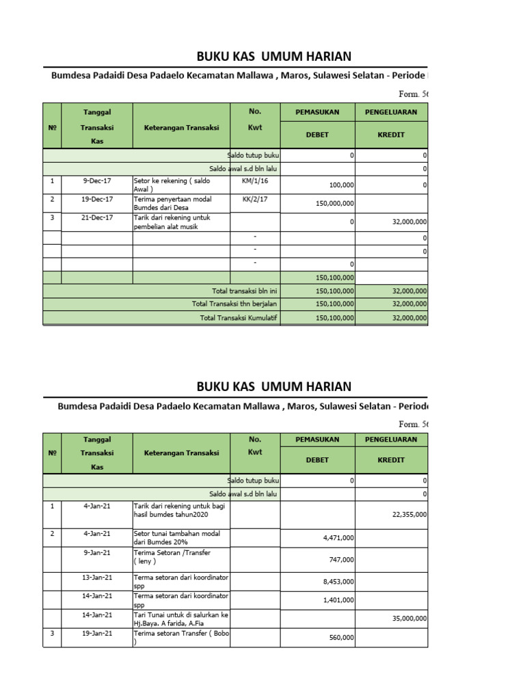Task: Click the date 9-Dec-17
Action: point(97,180)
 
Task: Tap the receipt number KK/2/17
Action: point(254,199)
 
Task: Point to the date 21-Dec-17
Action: point(97,217)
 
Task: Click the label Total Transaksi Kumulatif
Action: point(239,317)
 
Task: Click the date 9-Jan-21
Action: point(97,552)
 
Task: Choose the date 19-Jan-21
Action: point(97,633)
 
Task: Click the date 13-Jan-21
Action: point(97,578)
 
